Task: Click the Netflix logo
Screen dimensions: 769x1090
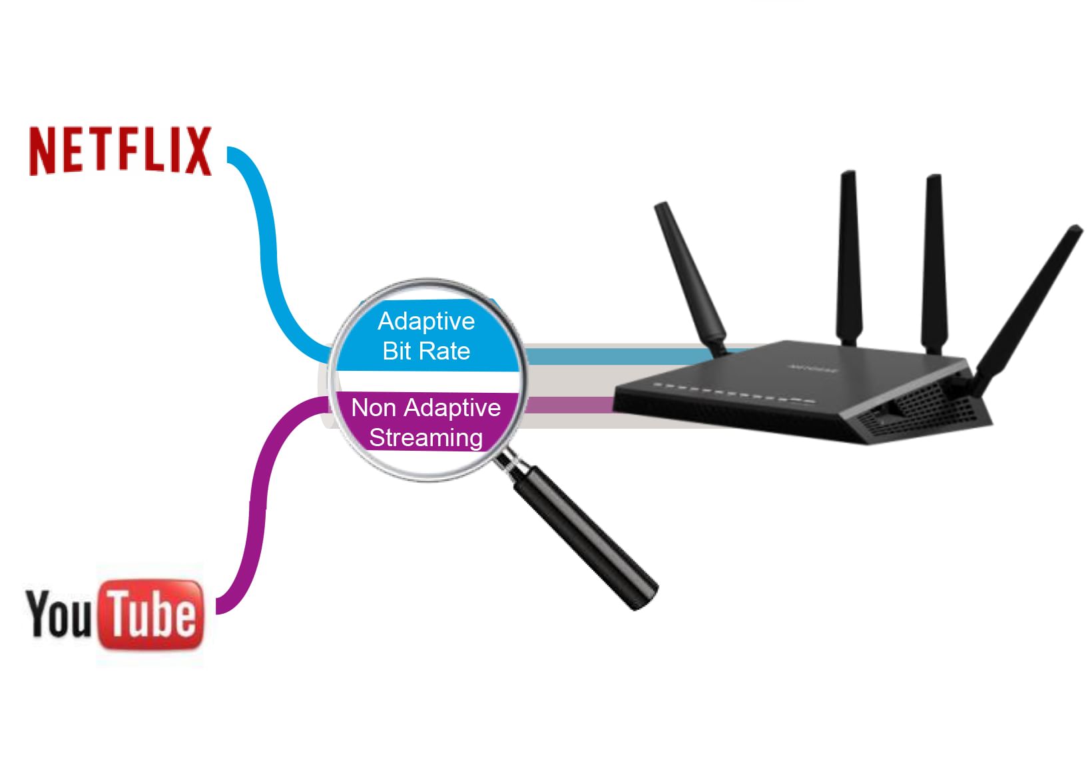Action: point(120,150)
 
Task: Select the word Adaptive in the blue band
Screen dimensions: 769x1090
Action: point(426,322)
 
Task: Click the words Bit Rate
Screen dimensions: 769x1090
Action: point(426,351)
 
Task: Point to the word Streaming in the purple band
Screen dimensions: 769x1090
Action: point(426,437)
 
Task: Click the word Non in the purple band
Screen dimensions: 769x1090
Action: point(374,407)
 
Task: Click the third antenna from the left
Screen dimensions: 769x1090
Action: point(934,260)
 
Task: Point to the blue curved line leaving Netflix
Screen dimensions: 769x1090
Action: point(266,246)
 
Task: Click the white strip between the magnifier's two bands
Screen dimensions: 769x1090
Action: point(426,381)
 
